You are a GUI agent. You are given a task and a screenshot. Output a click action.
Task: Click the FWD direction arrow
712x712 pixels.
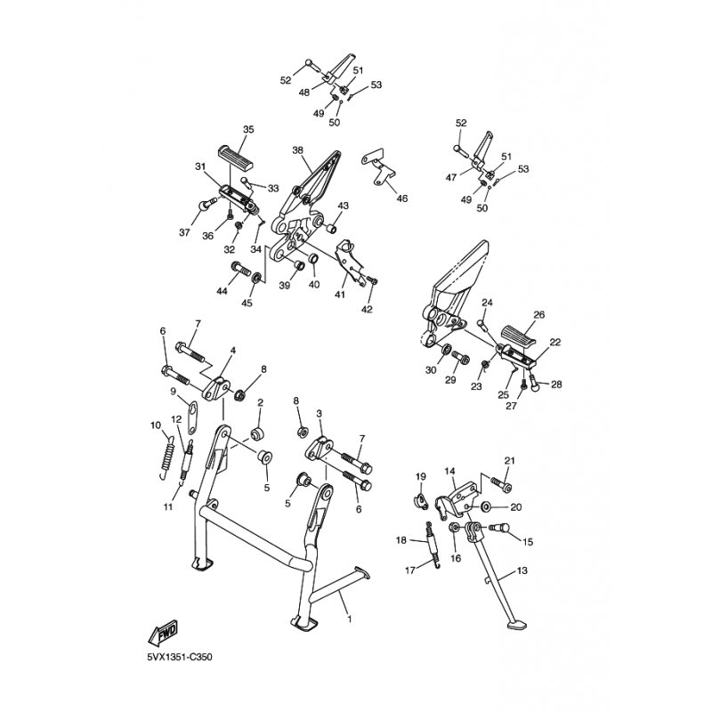tap(164, 633)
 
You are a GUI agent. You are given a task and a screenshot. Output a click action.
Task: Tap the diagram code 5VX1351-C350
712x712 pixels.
tap(180, 658)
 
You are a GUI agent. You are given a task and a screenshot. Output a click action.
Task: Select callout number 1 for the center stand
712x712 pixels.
tap(350, 619)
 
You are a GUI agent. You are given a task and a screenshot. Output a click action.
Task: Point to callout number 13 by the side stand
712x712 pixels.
tap(522, 570)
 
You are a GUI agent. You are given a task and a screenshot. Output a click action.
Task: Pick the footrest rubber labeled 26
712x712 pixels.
tap(520, 336)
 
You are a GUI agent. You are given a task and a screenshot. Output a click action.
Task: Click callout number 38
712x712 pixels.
tap(297, 150)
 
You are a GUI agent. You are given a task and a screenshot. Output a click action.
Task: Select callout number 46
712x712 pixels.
tap(402, 198)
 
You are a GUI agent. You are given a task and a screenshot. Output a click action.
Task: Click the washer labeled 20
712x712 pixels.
tap(485, 506)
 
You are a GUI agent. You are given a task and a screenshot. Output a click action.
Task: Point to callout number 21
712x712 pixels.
tap(509, 461)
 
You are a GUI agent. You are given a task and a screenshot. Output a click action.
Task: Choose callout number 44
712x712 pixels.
tap(222, 292)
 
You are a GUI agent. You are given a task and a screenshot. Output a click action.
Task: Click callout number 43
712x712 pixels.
tap(344, 206)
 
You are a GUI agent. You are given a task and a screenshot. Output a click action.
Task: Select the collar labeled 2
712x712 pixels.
tap(258, 433)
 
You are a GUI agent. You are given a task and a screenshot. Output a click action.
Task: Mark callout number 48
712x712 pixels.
tap(303, 93)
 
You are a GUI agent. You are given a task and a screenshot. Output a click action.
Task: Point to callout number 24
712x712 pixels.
tap(487, 303)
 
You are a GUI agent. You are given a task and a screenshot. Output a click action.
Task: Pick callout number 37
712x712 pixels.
tap(184, 233)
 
